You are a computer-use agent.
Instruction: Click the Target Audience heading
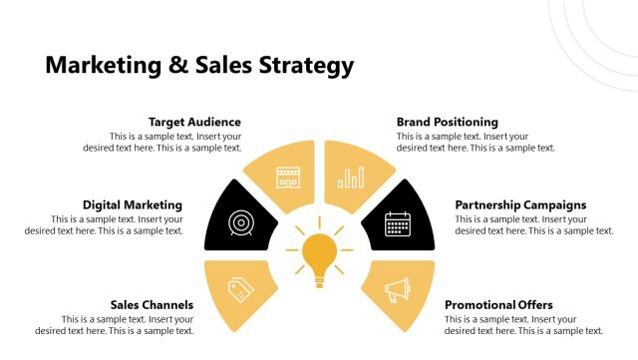[194, 122]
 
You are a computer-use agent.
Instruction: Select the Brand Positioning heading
[447, 122]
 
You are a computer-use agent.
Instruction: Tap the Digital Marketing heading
[133, 204]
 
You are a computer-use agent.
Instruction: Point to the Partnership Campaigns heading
[520, 204]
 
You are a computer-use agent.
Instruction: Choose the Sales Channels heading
[153, 304]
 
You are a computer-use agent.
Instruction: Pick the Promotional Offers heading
[498, 304]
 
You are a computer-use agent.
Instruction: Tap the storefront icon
[288, 177]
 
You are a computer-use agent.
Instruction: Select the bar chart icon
[351, 177]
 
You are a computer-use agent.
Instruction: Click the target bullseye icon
[240, 221]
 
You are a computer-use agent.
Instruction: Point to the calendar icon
[398, 221]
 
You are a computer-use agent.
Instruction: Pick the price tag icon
[240, 289]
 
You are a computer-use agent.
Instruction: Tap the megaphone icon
[398, 290]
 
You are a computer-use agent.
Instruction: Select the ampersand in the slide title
[177, 66]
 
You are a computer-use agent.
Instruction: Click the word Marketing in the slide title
[105, 66]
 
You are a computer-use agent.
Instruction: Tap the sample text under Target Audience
[162, 142]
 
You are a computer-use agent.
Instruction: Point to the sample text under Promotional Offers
[523, 324]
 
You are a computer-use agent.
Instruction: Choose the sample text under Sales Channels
[115, 324]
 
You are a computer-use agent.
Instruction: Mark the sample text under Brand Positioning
[476, 142]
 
